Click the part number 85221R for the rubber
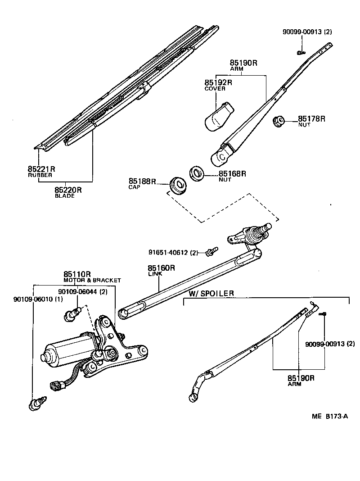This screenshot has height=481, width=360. (41, 169)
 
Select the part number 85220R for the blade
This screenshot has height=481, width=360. (68, 190)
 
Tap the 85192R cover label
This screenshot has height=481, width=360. (218, 83)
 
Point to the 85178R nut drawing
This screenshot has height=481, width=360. (279, 121)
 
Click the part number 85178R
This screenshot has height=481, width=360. (311, 119)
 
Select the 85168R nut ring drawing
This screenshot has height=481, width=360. (196, 173)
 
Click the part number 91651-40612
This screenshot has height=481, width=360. (168, 252)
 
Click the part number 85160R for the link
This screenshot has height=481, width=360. (161, 268)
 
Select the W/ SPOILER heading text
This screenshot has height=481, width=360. (211, 294)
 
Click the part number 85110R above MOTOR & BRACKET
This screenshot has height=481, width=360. (77, 274)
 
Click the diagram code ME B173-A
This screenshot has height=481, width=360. (329, 416)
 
